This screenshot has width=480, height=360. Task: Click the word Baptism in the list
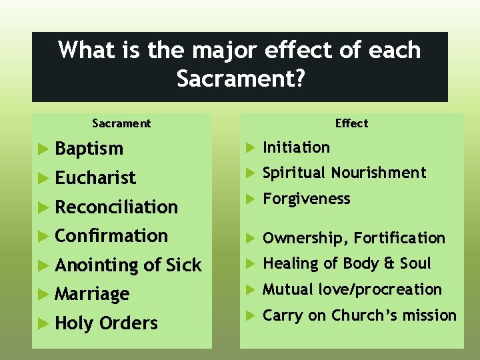[x=89, y=149]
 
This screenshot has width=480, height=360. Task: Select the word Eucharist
[x=95, y=178]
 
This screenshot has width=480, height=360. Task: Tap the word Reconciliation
[x=116, y=207]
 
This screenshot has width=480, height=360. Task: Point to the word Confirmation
[x=111, y=236]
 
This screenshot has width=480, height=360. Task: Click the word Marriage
[x=92, y=294]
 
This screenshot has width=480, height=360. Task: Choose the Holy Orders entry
[x=106, y=323]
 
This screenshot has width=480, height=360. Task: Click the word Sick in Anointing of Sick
[x=183, y=265]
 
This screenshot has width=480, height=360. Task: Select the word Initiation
[x=296, y=147]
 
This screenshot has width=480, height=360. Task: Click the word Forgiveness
[x=306, y=199]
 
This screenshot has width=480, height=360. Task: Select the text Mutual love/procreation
[x=352, y=289]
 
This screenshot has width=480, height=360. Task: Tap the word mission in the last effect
[x=430, y=315]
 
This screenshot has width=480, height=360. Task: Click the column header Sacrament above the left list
[x=121, y=123]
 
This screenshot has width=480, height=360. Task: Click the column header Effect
[x=351, y=123]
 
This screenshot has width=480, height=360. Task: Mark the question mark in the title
[x=299, y=79]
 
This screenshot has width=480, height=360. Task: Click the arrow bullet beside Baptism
[x=43, y=149]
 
